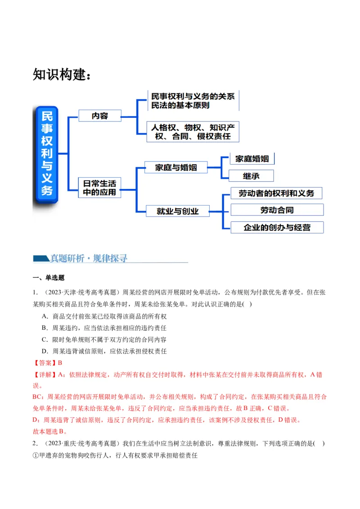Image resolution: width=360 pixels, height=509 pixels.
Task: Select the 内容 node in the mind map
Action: click(100, 116)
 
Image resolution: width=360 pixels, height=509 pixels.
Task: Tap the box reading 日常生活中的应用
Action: click(99, 188)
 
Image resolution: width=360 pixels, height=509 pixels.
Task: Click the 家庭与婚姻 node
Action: click(176, 168)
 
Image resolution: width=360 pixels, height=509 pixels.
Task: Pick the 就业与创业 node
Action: click(178, 210)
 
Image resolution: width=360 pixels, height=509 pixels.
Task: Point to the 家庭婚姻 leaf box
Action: click(252, 159)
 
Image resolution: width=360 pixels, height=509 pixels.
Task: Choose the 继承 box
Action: click(251, 175)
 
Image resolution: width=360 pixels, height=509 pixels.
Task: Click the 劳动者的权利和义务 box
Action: click(276, 193)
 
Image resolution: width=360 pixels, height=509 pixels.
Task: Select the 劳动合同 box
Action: click(277, 210)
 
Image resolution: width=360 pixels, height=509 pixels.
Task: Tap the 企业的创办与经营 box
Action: click(277, 227)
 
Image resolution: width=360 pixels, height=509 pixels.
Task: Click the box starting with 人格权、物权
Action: click(193, 132)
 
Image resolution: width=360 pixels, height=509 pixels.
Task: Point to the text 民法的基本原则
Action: click(180, 105)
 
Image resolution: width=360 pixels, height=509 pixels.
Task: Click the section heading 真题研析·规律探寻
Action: click(89, 258)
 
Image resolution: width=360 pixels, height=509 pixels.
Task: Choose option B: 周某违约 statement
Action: click(107, 328)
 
